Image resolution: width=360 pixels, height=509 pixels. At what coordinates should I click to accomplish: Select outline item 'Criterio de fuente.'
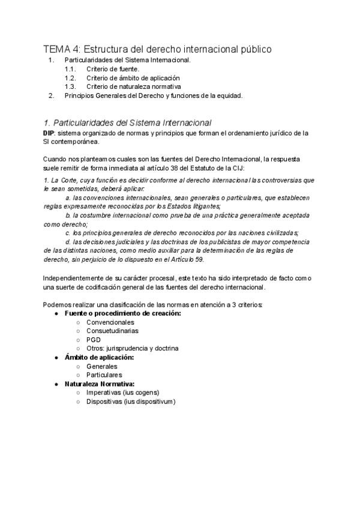tap(113, 69)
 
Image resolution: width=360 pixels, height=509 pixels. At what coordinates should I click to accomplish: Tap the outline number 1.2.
tap(70, 77)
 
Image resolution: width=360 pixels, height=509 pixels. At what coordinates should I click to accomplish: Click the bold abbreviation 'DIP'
tap(49, 133)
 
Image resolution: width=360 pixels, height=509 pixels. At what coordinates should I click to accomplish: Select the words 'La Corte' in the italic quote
tap(63, 179)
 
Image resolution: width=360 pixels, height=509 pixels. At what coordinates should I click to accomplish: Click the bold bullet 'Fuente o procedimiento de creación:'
tap(122, 313)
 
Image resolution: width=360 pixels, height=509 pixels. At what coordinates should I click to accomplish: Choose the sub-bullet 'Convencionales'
tap(110, 322)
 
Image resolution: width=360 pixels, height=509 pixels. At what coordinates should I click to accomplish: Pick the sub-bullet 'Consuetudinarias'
tap(112, 331)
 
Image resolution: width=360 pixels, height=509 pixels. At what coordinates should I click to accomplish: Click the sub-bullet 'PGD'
tap(93, 339)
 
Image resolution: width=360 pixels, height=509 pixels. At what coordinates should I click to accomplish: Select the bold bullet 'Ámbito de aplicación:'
tap(99, 357)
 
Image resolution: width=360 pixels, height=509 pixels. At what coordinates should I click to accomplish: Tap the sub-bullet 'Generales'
tap(101, 366)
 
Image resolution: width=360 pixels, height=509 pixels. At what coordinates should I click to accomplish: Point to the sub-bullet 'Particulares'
tap(104, 375)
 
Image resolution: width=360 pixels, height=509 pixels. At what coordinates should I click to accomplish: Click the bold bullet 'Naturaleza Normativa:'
tap(100, 384)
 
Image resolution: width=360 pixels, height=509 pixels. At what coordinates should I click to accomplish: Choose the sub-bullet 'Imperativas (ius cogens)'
tap(122, 393)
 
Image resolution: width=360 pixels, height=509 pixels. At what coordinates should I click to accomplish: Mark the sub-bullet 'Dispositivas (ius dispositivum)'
tap(131, 402)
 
